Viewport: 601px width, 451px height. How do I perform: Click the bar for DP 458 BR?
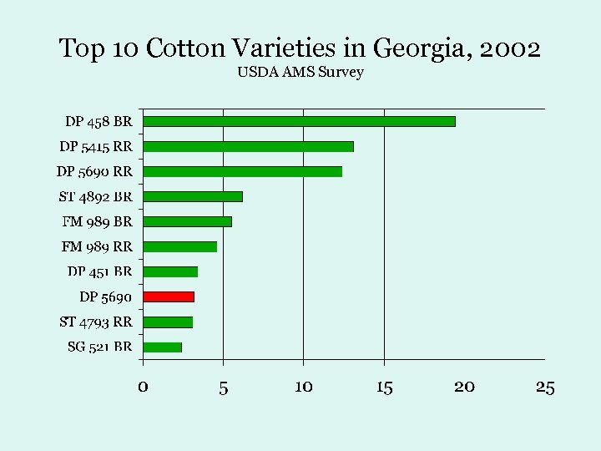click(x=299, y=121)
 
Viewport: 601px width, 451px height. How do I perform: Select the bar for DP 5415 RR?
click(x=248, y=146)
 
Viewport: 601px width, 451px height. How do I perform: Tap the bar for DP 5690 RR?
click(x=242, y=171)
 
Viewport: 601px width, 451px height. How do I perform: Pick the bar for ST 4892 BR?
click(x=193, y=196)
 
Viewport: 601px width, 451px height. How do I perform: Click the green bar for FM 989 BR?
click(x=187, y=221)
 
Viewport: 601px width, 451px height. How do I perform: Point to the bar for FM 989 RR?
click(x=179, y=246)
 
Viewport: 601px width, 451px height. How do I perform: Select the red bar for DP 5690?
click(x=169, y=296)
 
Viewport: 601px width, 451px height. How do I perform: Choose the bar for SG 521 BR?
click(x=162, y=347)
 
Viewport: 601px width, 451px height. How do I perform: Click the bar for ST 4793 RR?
click(x=168, y=322)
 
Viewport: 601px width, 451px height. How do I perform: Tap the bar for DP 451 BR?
click(x=170, y=271)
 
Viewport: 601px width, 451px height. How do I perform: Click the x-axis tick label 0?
click(x=143, y=387)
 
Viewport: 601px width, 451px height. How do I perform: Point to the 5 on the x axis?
click(x=223, y=387)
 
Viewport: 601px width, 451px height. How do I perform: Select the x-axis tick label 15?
click(x=384, y=387)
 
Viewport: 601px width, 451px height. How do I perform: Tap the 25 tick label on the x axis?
click(x=544, y=387)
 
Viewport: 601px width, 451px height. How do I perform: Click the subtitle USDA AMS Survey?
click(x=300, y=73)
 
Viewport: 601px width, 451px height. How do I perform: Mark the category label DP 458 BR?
click(x=98, y=121)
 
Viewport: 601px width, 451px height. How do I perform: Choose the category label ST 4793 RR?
click(x=96, y=322)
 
